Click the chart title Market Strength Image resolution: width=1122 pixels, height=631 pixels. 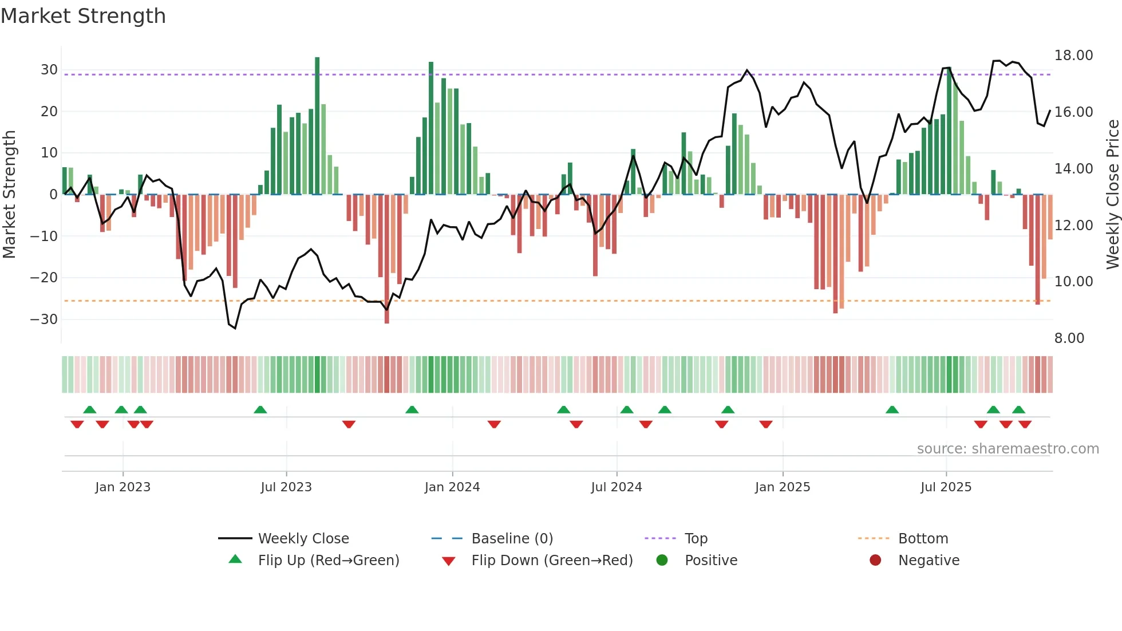(83, 16)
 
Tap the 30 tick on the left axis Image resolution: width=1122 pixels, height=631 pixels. (49, 70)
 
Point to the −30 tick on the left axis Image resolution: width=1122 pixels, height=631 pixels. (44, 320)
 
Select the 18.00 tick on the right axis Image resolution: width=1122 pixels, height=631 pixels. (1073, 56)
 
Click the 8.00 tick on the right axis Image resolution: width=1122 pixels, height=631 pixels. (1069, 338)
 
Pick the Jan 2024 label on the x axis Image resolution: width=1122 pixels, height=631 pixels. (452, 487)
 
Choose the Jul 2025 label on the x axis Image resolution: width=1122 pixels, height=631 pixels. (946, 487)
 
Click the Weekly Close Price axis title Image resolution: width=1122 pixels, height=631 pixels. (1112, 195)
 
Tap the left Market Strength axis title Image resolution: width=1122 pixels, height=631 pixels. (9, 195)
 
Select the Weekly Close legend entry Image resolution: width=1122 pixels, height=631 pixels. (303, 539)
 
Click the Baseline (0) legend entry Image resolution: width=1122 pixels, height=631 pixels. (512, 539)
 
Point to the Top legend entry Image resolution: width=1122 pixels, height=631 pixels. (696, 539)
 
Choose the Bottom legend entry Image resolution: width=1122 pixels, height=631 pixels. (923, 539)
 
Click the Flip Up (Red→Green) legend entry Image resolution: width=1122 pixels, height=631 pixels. (328, 561)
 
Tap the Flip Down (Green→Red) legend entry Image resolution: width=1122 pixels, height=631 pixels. (552, 561)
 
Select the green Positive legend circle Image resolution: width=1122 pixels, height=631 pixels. (662, 560)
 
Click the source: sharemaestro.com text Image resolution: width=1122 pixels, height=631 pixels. (1008, 449)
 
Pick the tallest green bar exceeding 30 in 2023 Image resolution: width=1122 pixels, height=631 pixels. (317, 126)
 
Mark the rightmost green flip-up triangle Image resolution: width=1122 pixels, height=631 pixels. (1018, 409)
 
